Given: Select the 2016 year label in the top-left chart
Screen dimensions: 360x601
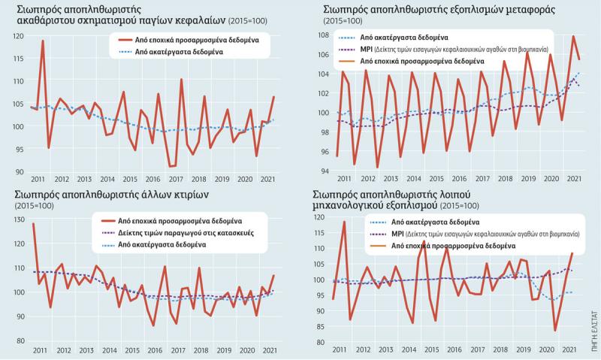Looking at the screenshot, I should point(154,180).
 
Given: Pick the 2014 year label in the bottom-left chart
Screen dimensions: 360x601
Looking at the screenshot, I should point(107,351).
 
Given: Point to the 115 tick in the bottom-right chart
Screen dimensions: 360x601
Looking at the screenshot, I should point(320,233).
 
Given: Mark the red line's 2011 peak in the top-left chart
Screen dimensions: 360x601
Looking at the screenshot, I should point(43,41).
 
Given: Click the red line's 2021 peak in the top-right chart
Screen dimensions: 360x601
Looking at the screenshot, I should point(573,36).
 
